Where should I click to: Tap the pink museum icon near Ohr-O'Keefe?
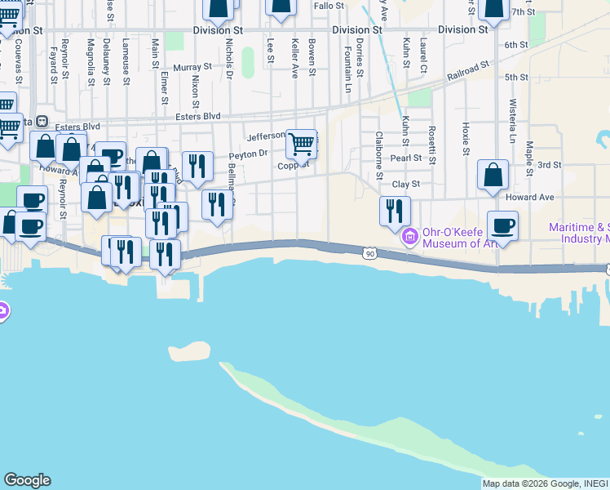pos(409,238)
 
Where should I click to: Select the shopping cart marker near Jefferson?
pos(302,145)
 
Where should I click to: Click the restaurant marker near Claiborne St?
pos(395,211)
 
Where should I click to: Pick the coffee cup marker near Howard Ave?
pos(502,225)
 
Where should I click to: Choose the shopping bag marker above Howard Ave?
pos(493,175)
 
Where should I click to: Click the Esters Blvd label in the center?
pos(199,117)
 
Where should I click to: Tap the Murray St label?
pos(192,68)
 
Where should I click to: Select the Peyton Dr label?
pos(248,154)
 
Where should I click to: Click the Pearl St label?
pos(405,158)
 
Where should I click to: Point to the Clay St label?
pos(405,185)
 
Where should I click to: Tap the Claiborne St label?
pos(379,155)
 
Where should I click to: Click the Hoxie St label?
pos(466,139)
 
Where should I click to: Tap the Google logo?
pos(26,480)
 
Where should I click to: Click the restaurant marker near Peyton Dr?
pos(197,167)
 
